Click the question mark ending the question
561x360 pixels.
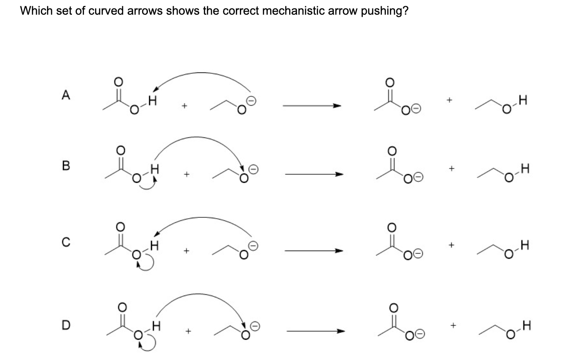405,11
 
